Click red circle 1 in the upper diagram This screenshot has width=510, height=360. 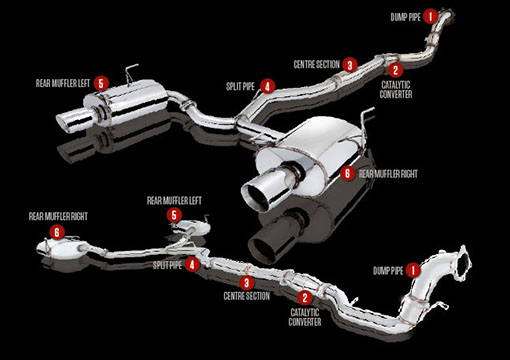pos(430,16)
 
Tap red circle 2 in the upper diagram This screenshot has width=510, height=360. pos(395,70)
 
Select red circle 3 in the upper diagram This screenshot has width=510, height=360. pos(350,65)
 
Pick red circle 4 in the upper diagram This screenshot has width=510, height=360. pos(268,86)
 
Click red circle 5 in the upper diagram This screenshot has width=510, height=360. pos(101,83)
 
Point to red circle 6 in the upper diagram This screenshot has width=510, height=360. pos(347,173)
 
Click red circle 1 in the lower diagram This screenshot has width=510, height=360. pos(413,270)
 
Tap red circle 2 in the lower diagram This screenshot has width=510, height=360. pos(305,298)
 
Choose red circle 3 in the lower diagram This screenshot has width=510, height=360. pos(247,283)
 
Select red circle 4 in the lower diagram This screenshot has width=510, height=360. pos(192,265)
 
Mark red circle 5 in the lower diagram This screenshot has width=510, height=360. pos(174,215)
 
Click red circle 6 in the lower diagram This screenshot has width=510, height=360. pos(57,232)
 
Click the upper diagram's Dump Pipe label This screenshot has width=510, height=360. pos(405,17)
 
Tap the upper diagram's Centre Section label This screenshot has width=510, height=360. pos(316,64)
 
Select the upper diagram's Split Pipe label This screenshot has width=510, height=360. pos(240,86)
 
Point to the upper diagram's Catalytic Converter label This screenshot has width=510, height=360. pos(396,90)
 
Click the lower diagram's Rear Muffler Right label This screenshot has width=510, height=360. pos(58,216)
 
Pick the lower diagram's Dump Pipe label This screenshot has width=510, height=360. pos(388,270)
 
